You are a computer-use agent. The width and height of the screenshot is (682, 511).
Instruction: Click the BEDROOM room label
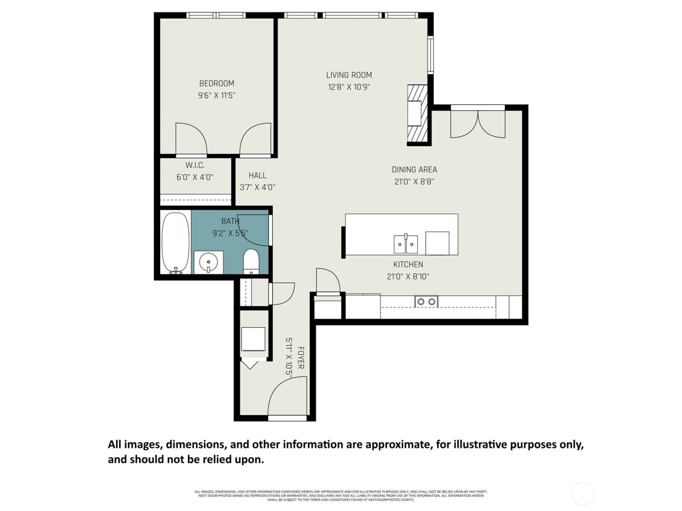(216, 83)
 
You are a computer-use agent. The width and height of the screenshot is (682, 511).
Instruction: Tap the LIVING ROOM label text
(349, 75)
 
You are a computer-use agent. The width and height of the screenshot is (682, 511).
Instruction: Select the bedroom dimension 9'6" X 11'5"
(216, 95)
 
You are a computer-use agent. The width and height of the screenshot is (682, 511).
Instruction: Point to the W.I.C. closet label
(195, 165)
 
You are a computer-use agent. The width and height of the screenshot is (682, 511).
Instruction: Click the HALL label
(257, 175)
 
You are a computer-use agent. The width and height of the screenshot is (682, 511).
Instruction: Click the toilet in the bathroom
(251, 261)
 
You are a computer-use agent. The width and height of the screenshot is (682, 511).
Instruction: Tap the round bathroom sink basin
(208, 262)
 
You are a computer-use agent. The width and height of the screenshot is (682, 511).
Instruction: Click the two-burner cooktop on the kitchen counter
(426, 302)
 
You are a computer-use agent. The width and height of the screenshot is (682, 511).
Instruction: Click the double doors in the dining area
(478, 125)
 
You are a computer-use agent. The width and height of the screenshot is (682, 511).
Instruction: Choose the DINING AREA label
(414, 169)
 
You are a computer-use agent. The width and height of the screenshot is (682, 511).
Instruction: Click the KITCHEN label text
(408, 264)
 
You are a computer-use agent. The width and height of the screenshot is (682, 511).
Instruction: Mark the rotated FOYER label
(301, 358)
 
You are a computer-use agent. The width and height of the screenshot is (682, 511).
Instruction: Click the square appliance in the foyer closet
(253, 339)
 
